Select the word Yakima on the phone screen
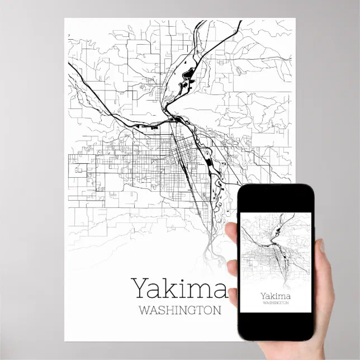point(275,295)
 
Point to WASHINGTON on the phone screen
point(275,303)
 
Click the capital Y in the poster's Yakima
point(140,288)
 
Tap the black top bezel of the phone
point(275,197)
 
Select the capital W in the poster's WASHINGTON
point(141,310)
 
